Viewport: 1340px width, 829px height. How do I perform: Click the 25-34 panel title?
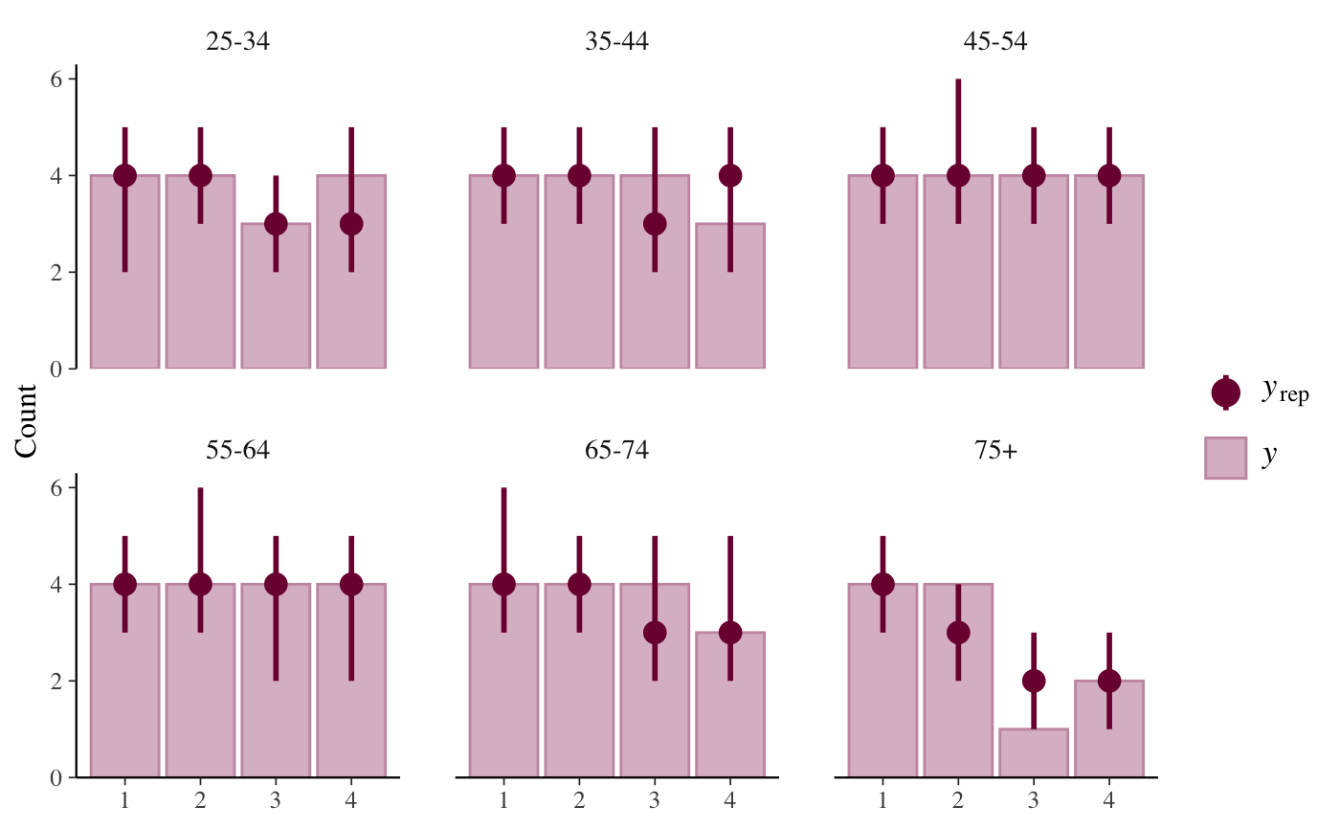(237, 42)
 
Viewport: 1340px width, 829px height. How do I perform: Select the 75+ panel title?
(995, 451)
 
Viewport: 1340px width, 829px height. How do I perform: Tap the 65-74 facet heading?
(616, 451)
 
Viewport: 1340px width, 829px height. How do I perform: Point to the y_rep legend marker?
(1225, 392)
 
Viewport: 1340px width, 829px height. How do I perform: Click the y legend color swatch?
(1225, 458)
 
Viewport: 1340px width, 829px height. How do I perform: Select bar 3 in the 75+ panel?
(1034, 753)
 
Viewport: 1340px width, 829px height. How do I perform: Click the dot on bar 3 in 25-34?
(276, 224)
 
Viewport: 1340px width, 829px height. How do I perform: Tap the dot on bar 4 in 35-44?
(730, 175)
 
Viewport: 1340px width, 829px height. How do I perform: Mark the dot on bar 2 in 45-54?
(958, 175)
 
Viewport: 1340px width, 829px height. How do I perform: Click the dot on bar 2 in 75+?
(958, 633)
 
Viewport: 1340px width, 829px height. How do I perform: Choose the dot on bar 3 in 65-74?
(655, 633)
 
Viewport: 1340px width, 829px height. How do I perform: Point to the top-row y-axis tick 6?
(56, 79)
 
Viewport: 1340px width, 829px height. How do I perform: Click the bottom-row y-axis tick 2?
(56, 682)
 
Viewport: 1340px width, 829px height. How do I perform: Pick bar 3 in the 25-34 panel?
(276, 297)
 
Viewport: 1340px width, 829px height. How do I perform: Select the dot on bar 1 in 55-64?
(124, 584)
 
